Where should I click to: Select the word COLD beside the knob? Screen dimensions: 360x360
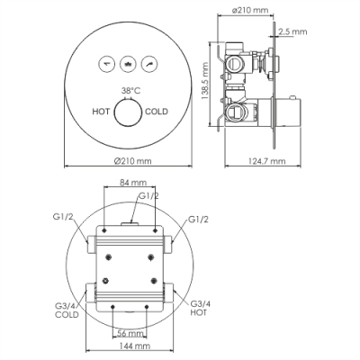pos(157,112)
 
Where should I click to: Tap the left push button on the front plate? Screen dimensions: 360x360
pos(107,64)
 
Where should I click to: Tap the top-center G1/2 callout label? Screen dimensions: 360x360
pos(149,196)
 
